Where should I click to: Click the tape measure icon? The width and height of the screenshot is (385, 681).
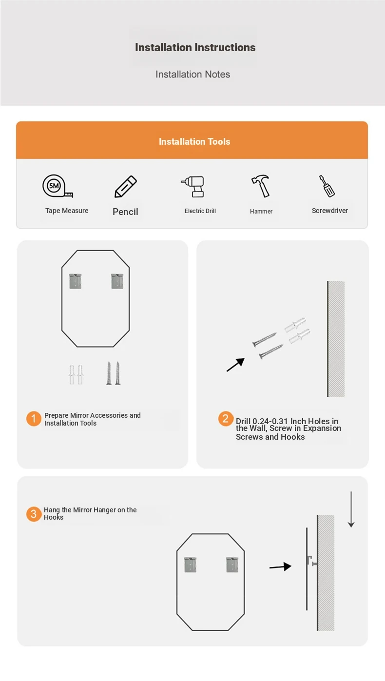pos(58,186)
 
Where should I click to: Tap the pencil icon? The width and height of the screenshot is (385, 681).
pos(126,186)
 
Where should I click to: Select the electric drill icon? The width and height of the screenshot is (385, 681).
pos(193,186)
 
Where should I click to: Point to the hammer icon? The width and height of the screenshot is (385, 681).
pos(261,186)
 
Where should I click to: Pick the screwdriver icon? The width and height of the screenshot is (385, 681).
pos(327,186)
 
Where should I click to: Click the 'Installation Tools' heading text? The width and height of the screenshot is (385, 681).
pos(194,142)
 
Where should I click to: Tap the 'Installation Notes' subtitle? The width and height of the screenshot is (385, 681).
pos(192,75)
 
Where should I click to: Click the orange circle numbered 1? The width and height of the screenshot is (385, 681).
pos(34,419)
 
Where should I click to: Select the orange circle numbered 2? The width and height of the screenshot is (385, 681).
pos(226,419)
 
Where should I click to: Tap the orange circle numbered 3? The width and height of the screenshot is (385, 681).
pos(34,514)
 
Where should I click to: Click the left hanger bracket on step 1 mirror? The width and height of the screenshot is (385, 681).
pos(76,281)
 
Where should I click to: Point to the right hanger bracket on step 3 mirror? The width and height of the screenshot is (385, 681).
pos(232,564)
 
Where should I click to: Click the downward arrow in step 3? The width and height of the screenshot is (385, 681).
pos(351,509)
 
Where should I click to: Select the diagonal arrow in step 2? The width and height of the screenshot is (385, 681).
pos(235,365)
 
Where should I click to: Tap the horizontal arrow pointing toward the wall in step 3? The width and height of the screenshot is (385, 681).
pos(280,567)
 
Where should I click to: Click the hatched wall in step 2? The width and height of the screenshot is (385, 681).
pos(336,339)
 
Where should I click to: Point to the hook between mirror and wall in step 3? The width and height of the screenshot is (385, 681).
pos(312,561)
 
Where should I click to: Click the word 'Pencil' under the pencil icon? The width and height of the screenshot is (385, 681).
pos(125,212)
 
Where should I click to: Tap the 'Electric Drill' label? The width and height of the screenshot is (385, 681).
pos(200,211)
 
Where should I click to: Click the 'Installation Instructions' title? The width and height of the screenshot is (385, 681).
pos(195,47)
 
